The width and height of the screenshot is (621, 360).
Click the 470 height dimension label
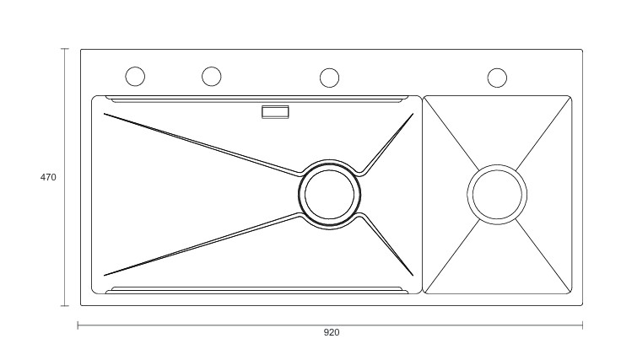pos(48,177)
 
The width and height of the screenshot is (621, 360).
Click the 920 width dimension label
pos(332,332)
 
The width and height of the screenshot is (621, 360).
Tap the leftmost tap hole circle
pos(135,77)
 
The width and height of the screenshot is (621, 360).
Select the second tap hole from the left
pos(211,77)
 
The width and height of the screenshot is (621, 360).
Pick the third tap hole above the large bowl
pos(329,78)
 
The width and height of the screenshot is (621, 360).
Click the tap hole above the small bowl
pos(497,78)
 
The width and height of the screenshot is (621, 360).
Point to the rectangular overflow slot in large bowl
pos(275,111)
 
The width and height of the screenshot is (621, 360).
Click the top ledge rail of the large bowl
pos(253,99)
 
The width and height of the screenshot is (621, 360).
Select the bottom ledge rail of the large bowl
pos(253,289)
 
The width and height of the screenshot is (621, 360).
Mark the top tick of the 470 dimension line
pos(64,49)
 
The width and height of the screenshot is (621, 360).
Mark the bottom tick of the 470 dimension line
pos(64,305)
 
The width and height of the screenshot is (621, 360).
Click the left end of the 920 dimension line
pos(78,325)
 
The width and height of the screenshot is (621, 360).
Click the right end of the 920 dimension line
pos(582,325)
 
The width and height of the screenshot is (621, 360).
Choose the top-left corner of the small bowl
pos(425,98)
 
